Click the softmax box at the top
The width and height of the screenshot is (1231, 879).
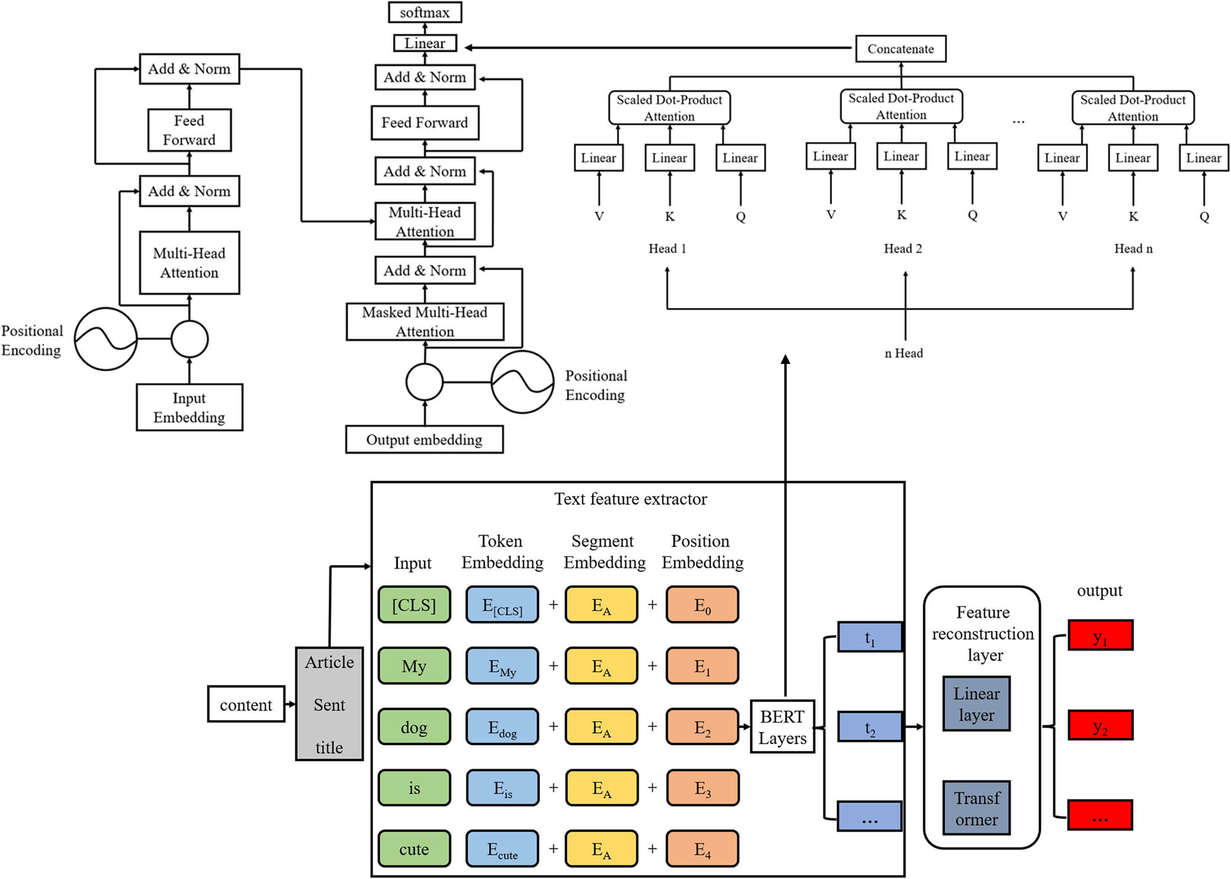(x=425, y=12)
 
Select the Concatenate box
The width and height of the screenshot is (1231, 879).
(x=900, y=49)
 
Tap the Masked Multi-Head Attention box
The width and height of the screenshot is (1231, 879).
(x=425, y=321)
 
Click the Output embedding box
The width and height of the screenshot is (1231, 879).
(x=424, y=439)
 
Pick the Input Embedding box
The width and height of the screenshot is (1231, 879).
(x=189, y=407)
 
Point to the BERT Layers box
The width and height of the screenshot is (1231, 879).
(x=782, y=727)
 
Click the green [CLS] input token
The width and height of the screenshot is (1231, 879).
(x=414, y=605)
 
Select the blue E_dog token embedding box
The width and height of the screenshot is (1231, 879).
(x=502, y=728)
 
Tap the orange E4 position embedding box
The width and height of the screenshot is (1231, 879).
(x=702, y=849)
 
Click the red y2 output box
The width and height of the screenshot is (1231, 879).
(x=1100, y=726)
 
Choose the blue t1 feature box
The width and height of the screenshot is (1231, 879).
(x=870, y=638)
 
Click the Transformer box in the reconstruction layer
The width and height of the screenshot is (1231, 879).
(x=976, y=808)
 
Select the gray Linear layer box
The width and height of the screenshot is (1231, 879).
(x=976, y=704)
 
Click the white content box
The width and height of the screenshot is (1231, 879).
(x=246, y=705)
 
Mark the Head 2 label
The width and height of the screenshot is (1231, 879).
(x=902, y=249)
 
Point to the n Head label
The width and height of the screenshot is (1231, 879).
(x=904, y=353)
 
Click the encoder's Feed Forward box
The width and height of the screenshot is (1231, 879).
(x=189, y=130)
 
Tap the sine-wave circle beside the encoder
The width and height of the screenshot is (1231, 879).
(x=106, y=339)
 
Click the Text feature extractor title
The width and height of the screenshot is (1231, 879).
(x=630, y=499)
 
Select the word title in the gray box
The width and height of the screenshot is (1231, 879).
(x=329, y=747)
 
